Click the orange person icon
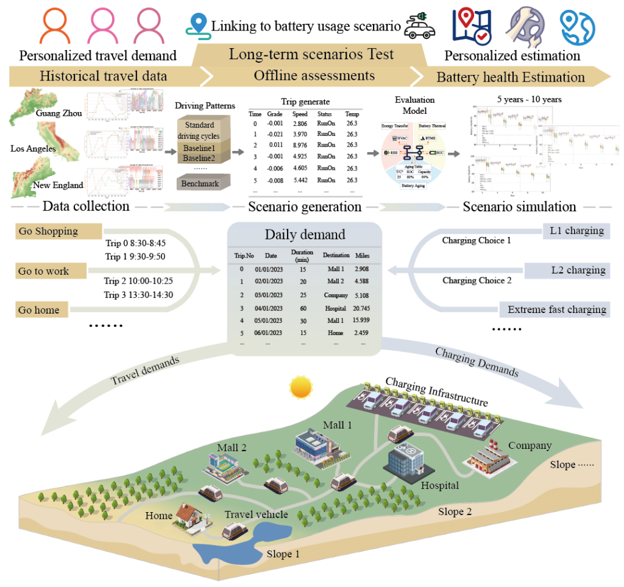point(60,26)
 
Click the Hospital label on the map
point(440,485)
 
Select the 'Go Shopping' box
point(57,231)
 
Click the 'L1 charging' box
point(576,231)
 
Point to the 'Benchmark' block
point(199,183)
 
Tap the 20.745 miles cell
point(362,309)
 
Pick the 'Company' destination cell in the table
point(336,295)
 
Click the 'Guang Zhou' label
point(59,114)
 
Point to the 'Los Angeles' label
point(34,148)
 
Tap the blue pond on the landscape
point(244,544)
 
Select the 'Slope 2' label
point(455,511)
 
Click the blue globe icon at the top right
point(576,26)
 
